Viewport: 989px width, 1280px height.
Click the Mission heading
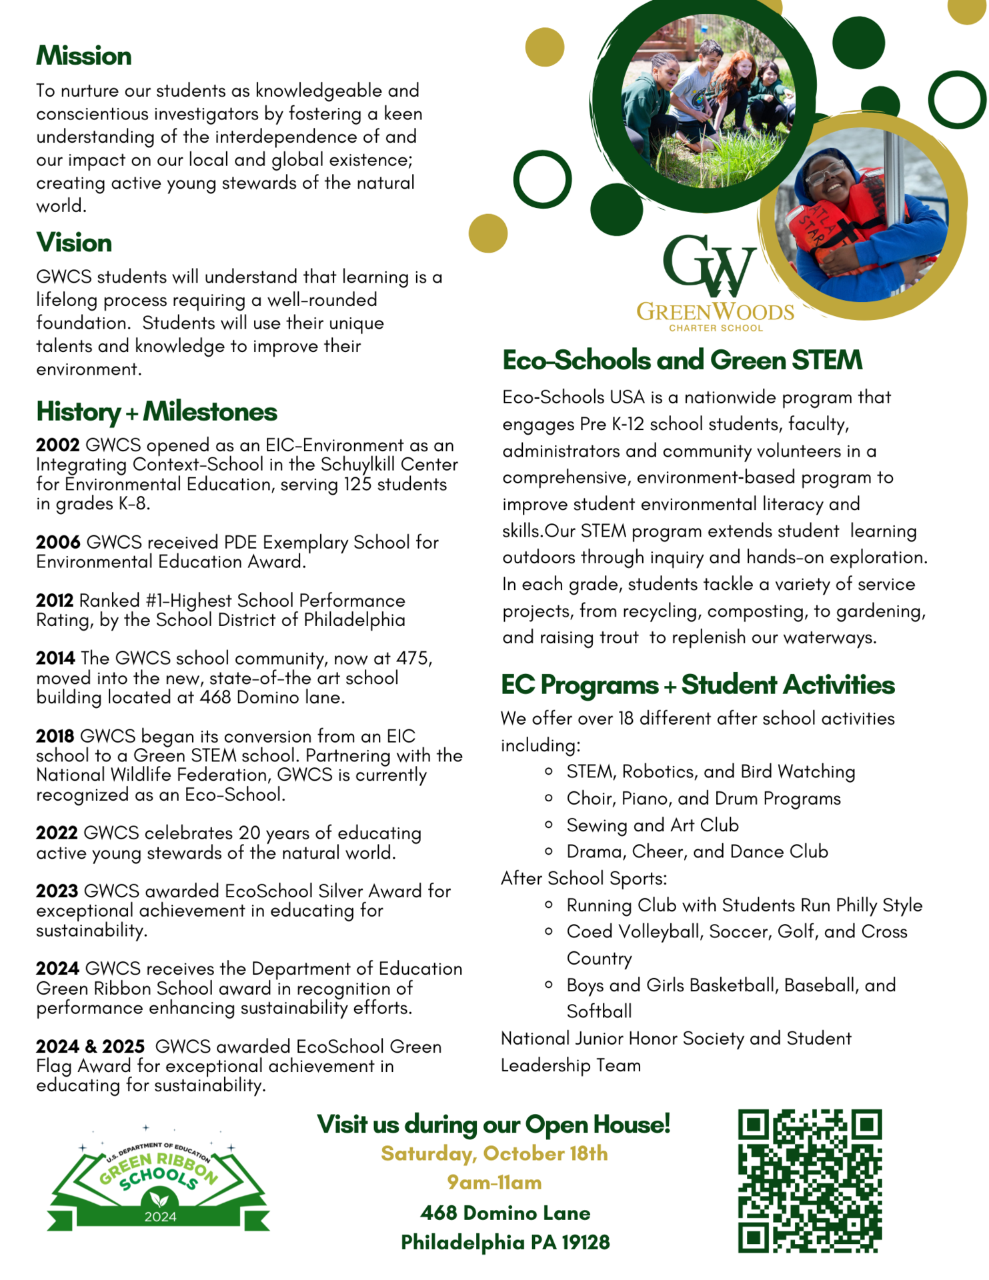tap(84, 56)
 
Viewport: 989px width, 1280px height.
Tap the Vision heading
tap(74, 243)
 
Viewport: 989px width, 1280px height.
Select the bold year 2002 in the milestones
tap(58, 445)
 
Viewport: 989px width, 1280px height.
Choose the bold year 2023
tap(57, 891)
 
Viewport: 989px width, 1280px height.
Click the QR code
tap(810, 1181)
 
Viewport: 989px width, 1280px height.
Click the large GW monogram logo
tap(709, 265)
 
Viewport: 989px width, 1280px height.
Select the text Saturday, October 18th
tap(494, 1154)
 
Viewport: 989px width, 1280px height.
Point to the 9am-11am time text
tap(494, 1183)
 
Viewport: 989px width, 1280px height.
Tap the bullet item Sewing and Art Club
tap(652, 825)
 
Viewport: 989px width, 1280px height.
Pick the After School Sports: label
tap(584, 879)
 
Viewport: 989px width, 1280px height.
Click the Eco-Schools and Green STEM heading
tap(682, 360)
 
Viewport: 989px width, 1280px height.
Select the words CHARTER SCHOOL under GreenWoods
tap(716, 328)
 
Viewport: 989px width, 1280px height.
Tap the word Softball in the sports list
tap(599, 1011)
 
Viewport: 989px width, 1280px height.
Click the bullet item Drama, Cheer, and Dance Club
tap(697, 852)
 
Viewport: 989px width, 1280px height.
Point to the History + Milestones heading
tap(157, 411)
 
